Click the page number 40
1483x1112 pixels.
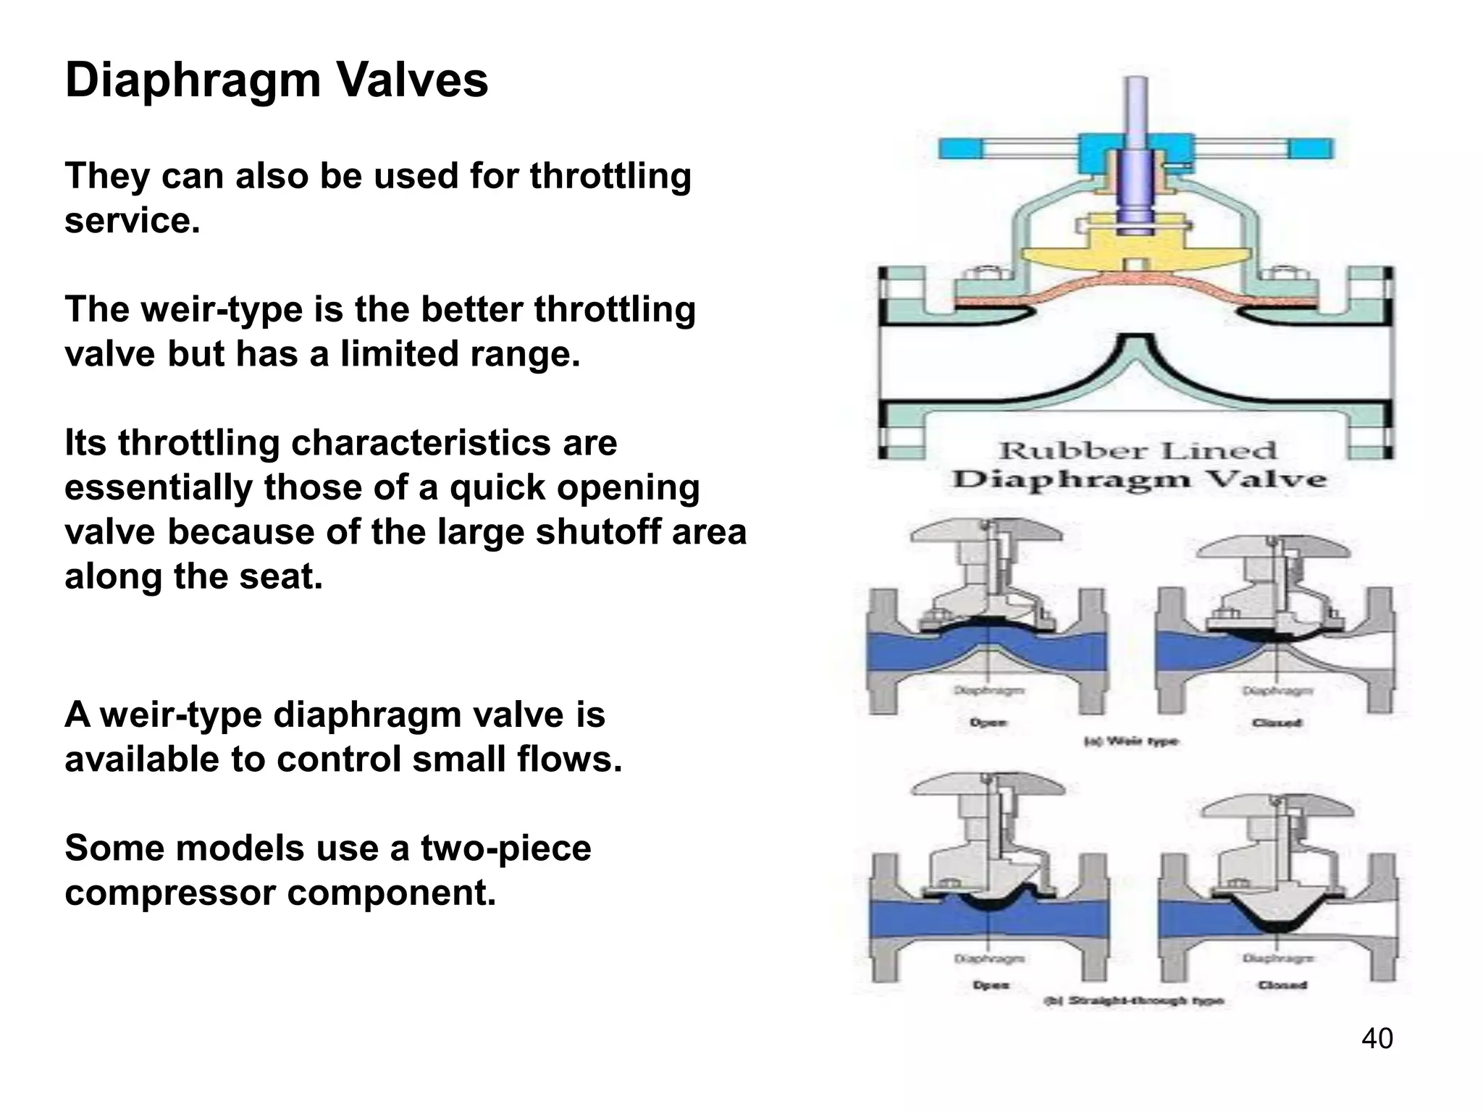pos(1377,1038)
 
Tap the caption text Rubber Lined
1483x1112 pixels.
pos(1137,450)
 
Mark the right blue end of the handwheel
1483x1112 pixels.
pos(1311,148)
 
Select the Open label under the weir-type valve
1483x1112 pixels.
pos(988,723)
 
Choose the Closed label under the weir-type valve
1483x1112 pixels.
pos(1277,723)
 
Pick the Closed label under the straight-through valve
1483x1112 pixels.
pos(1282,985)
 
